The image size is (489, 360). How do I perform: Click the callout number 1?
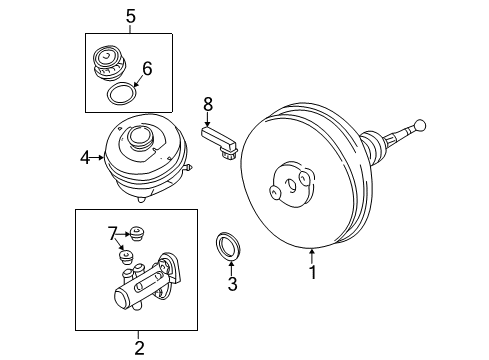click(x=312, y=272)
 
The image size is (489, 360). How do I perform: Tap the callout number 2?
click(x=139, y=348)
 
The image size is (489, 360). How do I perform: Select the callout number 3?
click(x=232, y=284)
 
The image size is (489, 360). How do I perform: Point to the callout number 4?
click(x=85, y=158)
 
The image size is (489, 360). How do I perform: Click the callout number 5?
click(x=131, y=16)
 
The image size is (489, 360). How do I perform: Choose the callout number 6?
click(x=147, y=68)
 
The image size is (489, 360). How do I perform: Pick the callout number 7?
click(x=112, y=233)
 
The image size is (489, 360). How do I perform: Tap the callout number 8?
click(x=208, y=104)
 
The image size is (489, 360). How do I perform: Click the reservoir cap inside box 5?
click(x=109, y=63)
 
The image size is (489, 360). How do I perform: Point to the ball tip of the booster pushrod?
click(x=419, y=125)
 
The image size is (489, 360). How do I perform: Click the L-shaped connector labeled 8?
click(x=219, y=142)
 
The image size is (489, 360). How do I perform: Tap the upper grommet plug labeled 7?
click(x=136, y=233)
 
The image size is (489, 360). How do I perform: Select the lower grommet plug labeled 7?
click(x=126, y=257)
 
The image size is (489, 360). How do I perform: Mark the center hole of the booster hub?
click(x=291, y=186)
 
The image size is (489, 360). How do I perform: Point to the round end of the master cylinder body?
click(x=122, y=297)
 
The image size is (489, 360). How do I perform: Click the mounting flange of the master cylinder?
click(x=170, y=272)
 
